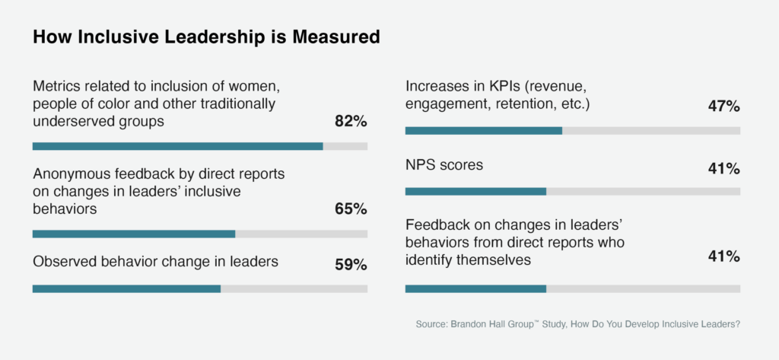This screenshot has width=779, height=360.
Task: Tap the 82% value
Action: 351,121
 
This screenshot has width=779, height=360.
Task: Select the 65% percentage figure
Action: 351,209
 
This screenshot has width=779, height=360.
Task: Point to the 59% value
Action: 351,265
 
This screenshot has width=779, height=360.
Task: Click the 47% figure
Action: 723,107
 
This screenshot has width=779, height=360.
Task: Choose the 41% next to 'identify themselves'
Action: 723,256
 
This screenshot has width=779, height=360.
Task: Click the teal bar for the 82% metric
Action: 177,146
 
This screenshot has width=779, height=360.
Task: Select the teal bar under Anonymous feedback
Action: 134,234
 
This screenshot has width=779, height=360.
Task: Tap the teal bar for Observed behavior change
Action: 126,288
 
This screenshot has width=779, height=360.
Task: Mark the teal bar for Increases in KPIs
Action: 484,131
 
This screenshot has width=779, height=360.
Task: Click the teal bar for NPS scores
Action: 475,191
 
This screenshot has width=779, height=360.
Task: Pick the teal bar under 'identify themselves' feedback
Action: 475,288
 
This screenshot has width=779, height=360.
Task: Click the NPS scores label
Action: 444,164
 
